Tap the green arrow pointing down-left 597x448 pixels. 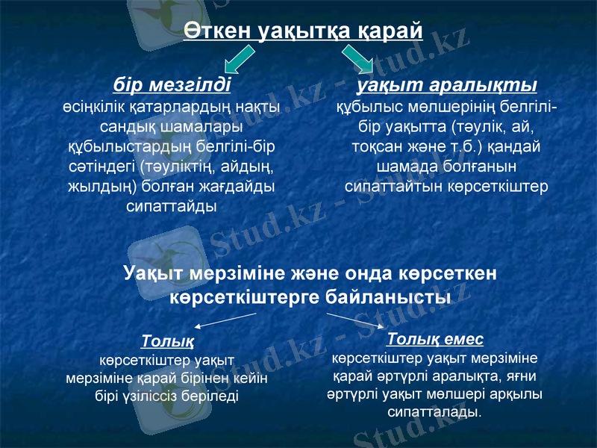(x=240, y=57)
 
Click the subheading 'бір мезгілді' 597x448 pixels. (x=172, y=83)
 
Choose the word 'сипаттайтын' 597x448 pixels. (x=393, y=184)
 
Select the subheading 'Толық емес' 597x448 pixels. (x=436, y=339)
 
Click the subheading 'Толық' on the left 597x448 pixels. (x=168, y=343)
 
